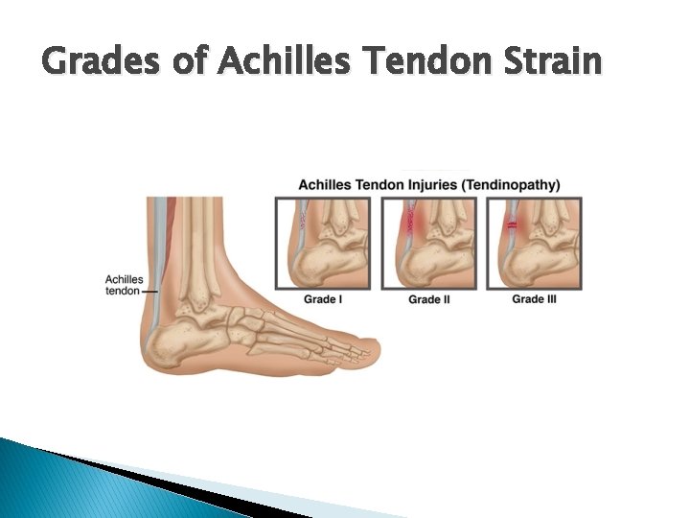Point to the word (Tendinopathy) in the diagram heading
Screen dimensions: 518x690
(x=513, y=184)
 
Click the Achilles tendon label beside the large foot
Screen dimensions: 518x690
(x=123, y=285)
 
